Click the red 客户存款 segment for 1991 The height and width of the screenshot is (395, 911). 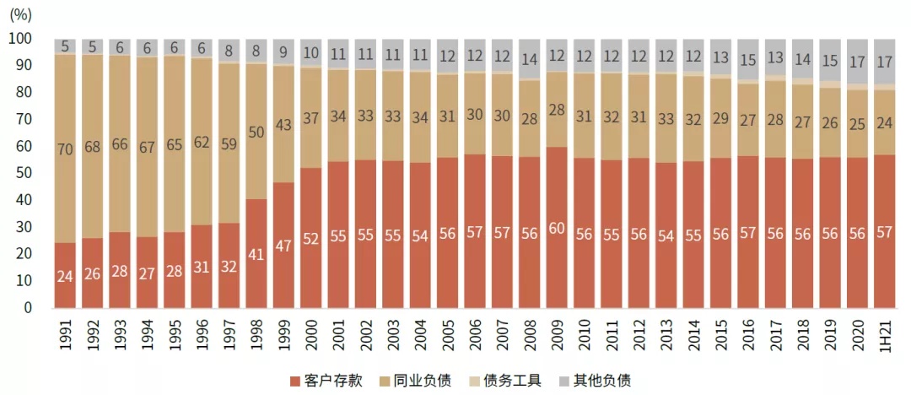(x=65, y=275)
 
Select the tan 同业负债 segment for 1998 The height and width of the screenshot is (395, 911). (x=256, y=132)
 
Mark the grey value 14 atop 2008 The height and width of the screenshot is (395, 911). (x=530, y=60)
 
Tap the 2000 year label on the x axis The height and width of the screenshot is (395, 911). (x=311, y=335)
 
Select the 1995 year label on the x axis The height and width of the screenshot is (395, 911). (x=175, y=335)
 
